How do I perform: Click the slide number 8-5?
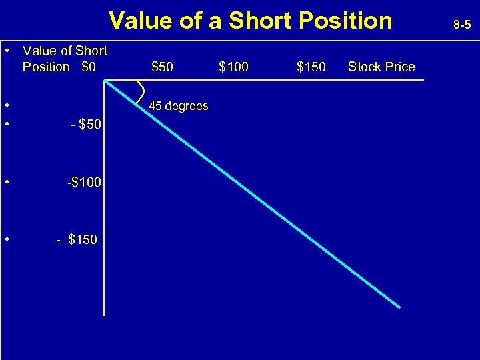(x=462, y=25)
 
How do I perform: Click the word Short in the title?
(x=259, y=21)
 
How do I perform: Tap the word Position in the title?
(x=345, y=21)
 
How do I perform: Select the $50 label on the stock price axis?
(x=163, y=67)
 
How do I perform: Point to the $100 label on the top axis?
(x=233, y=67)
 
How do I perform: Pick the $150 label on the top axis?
(x=311, y=67)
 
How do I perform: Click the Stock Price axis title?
(x=381, y=67)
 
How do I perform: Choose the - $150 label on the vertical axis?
(x=77, y=239)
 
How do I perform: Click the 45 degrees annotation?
(x=178, y=106)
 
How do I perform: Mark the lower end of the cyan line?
(x=399, y=307)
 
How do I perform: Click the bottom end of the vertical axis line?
(x=104, y=314)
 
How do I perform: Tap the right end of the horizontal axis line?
(x=423, y=80)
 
